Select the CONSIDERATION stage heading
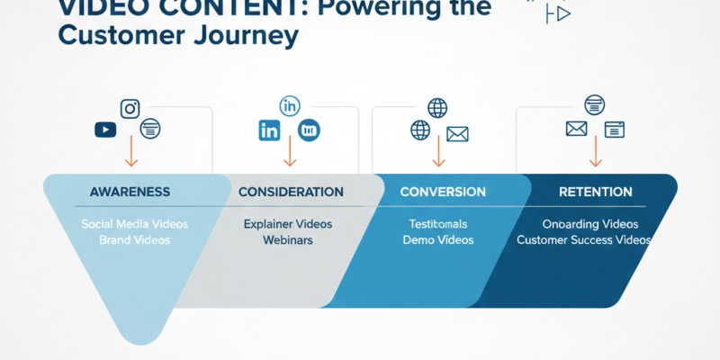point(291,192)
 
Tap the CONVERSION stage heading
point(443,192)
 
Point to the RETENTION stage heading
point(595,192)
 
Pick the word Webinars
point(287,240)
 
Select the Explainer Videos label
point(288,223)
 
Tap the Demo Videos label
point(438,240)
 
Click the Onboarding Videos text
point(590,223)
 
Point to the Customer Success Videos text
point(584,240)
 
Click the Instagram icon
point(130,109)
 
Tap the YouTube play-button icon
point(105,130)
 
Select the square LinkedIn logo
point(269,130)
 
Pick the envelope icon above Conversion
point(458,134)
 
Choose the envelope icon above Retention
point(576,129)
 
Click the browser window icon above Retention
point(615,130)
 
